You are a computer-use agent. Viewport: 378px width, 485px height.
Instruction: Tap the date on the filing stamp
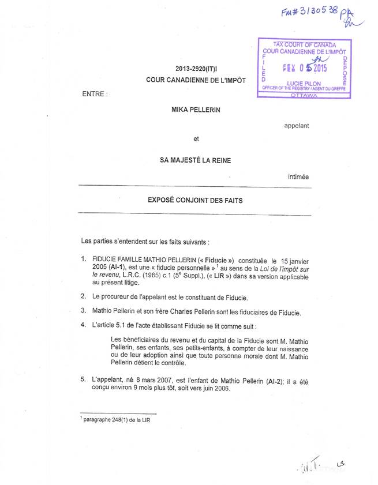(x=306, y=67)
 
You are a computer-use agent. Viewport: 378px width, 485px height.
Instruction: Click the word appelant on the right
(x=297, y=125)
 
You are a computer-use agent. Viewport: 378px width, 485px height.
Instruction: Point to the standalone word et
(x=196, y=138)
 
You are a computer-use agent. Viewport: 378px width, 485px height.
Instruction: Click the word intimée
(x=298, y=176)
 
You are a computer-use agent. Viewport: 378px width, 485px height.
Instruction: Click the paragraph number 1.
(x=84, y=260)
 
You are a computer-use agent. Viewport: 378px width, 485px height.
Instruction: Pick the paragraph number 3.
(x=84, y=311)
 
